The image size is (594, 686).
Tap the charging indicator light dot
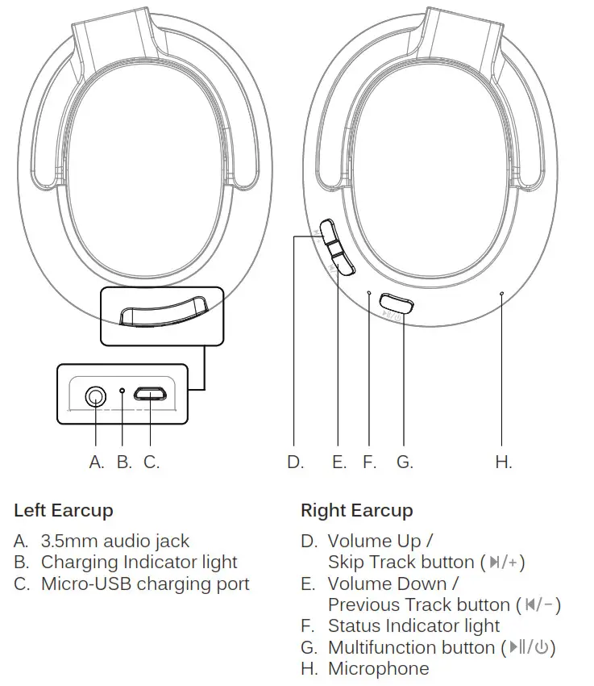[x=122, y=393]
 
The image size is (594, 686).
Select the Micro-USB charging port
[x=151, y=395]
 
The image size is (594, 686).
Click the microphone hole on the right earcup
[x=501, y=295]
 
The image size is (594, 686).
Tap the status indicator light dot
[x=369, y=294]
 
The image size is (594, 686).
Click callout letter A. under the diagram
[x=97, y=462]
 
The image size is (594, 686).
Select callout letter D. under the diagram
[x=295, y=462]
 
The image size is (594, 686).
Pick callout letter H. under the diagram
[x=503, y=462]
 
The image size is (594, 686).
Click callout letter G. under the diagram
[x=405, y=462]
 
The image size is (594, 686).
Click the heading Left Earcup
[x=64, y=511]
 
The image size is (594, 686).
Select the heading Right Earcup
[x=356, y=511]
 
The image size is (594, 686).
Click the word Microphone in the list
[x=378, y=669]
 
